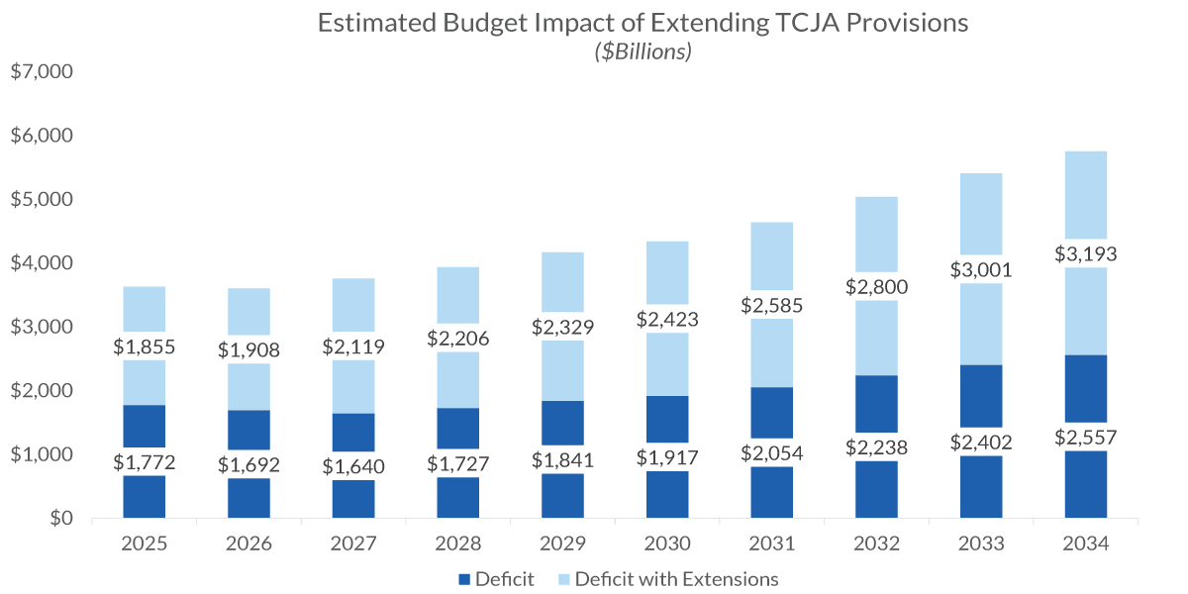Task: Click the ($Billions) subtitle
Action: click(x=643, y=52)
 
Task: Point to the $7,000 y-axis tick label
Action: click(x=42, y=72)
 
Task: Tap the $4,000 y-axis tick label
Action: click(x=42, y=263)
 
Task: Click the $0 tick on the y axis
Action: click(x=55, y=518)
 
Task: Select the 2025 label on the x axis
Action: click(x=144, y=544)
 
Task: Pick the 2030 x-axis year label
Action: click(x=666, y=544)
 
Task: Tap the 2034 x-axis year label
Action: click(x=1085, y=544)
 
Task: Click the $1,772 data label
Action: click(x=144, y=461)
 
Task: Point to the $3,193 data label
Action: click(x=1085, y=254)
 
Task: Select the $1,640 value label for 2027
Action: click(x=352, y=466)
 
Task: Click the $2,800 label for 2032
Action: click(x=876, y=287)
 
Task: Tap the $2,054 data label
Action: click(x=771, y=452)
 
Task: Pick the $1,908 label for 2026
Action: click(x=248, y=349)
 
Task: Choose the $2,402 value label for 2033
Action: click(x=980, y=442)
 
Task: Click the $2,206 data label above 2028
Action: click(x=457, y=339)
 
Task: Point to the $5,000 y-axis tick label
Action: click(x=42, y=200)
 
